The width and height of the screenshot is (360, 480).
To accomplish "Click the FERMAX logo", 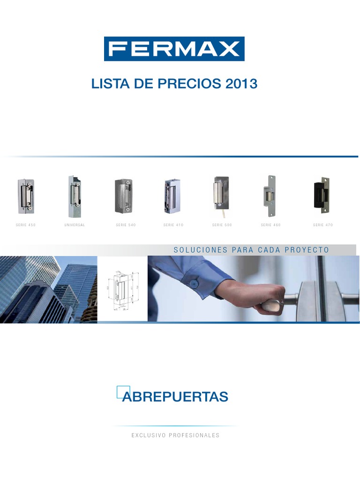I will point(174,49).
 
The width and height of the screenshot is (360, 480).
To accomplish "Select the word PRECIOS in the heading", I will point(186,84).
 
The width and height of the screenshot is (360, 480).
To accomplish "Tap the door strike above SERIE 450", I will point(26,195).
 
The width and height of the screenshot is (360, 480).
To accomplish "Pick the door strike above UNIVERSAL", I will point(74,196).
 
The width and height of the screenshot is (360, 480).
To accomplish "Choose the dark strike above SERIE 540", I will point(125,196).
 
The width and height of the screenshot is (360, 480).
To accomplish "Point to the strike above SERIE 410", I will point(172,196).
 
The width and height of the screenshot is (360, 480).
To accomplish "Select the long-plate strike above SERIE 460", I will point(270,196).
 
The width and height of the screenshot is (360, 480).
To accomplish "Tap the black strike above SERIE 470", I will point(321,195).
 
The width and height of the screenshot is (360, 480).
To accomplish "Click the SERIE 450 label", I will point(26,225).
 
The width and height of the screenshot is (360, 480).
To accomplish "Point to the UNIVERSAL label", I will point(75,225).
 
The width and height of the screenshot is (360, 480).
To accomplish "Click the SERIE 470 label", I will point(323,225).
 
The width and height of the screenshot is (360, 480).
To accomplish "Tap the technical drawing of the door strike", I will point(123,289).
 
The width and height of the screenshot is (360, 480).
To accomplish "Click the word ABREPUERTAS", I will point(175,397).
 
